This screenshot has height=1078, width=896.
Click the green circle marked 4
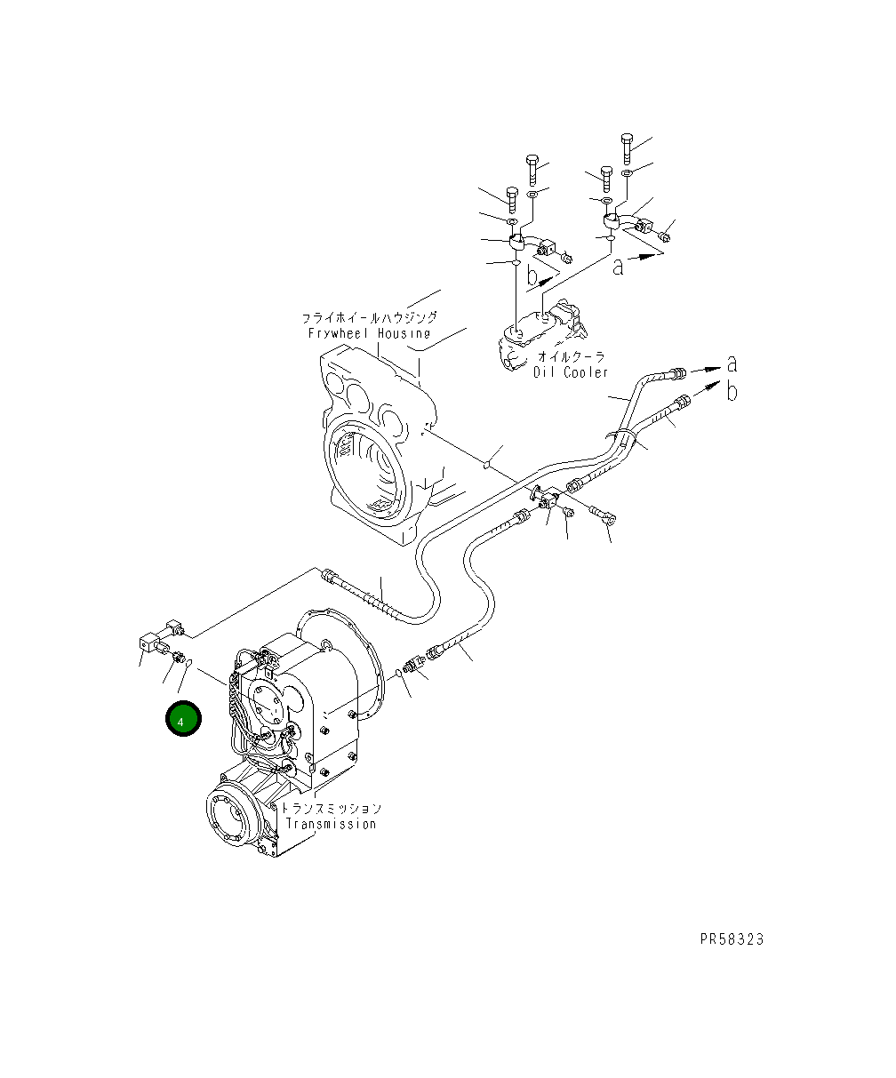click(x=182, y=720)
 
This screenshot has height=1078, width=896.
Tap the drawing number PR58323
click(x=731, y=939)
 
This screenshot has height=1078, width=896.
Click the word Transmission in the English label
click(x=331, y=824)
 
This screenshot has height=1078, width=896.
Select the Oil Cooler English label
click(x=571, y=371)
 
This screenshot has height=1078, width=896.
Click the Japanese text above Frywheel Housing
click(x=369, y=317)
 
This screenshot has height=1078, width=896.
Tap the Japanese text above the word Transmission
click(x=331, y=809)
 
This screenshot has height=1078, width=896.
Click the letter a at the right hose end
click(x=732, y=363)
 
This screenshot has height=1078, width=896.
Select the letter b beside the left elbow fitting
click(x=532, y=276)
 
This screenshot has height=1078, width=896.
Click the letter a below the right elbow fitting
click(x=619, y=265)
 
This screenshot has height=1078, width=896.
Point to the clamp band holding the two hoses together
click(x=624, y=435)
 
